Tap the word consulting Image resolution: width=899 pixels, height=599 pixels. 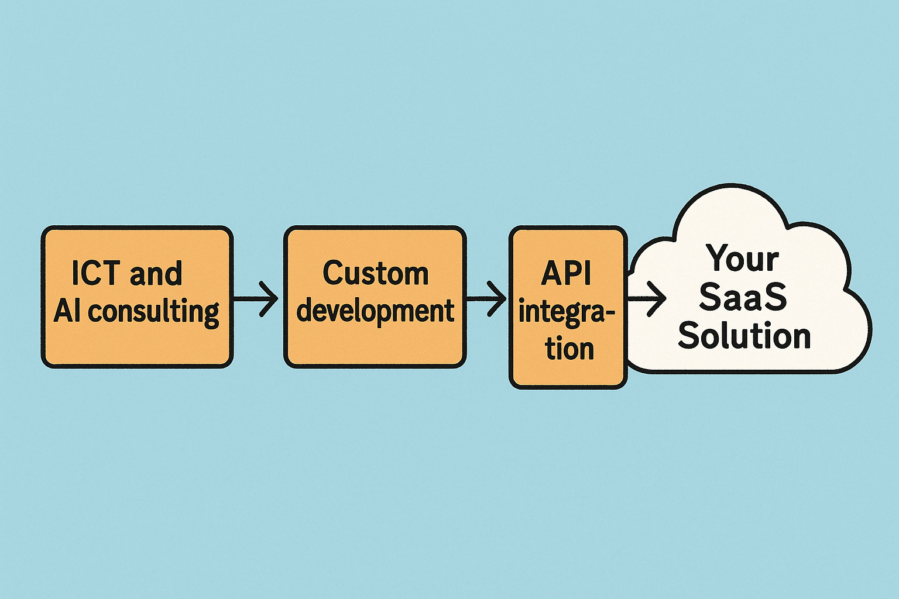(x=154, y=311)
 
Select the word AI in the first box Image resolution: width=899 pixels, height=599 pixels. (x=68, y=311)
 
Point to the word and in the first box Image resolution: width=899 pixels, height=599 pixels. (x=156, y=273)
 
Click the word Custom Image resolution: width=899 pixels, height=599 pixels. (x=375, y=273)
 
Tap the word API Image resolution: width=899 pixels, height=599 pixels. (x=566, y=273)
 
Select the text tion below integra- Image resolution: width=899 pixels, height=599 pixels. (x=569, y=349)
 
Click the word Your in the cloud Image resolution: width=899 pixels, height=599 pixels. (x=742, y=258)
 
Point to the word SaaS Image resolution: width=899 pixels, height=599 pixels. (x=743, y=297)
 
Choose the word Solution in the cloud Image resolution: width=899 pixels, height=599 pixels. (x=744, y=336)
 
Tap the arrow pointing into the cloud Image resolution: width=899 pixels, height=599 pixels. (x=647, y=298)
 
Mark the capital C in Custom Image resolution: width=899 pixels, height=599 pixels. (x=333, y=273)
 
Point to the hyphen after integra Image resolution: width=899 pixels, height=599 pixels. (x=610, y=314)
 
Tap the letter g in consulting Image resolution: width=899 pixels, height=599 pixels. (x=211, y=314)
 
